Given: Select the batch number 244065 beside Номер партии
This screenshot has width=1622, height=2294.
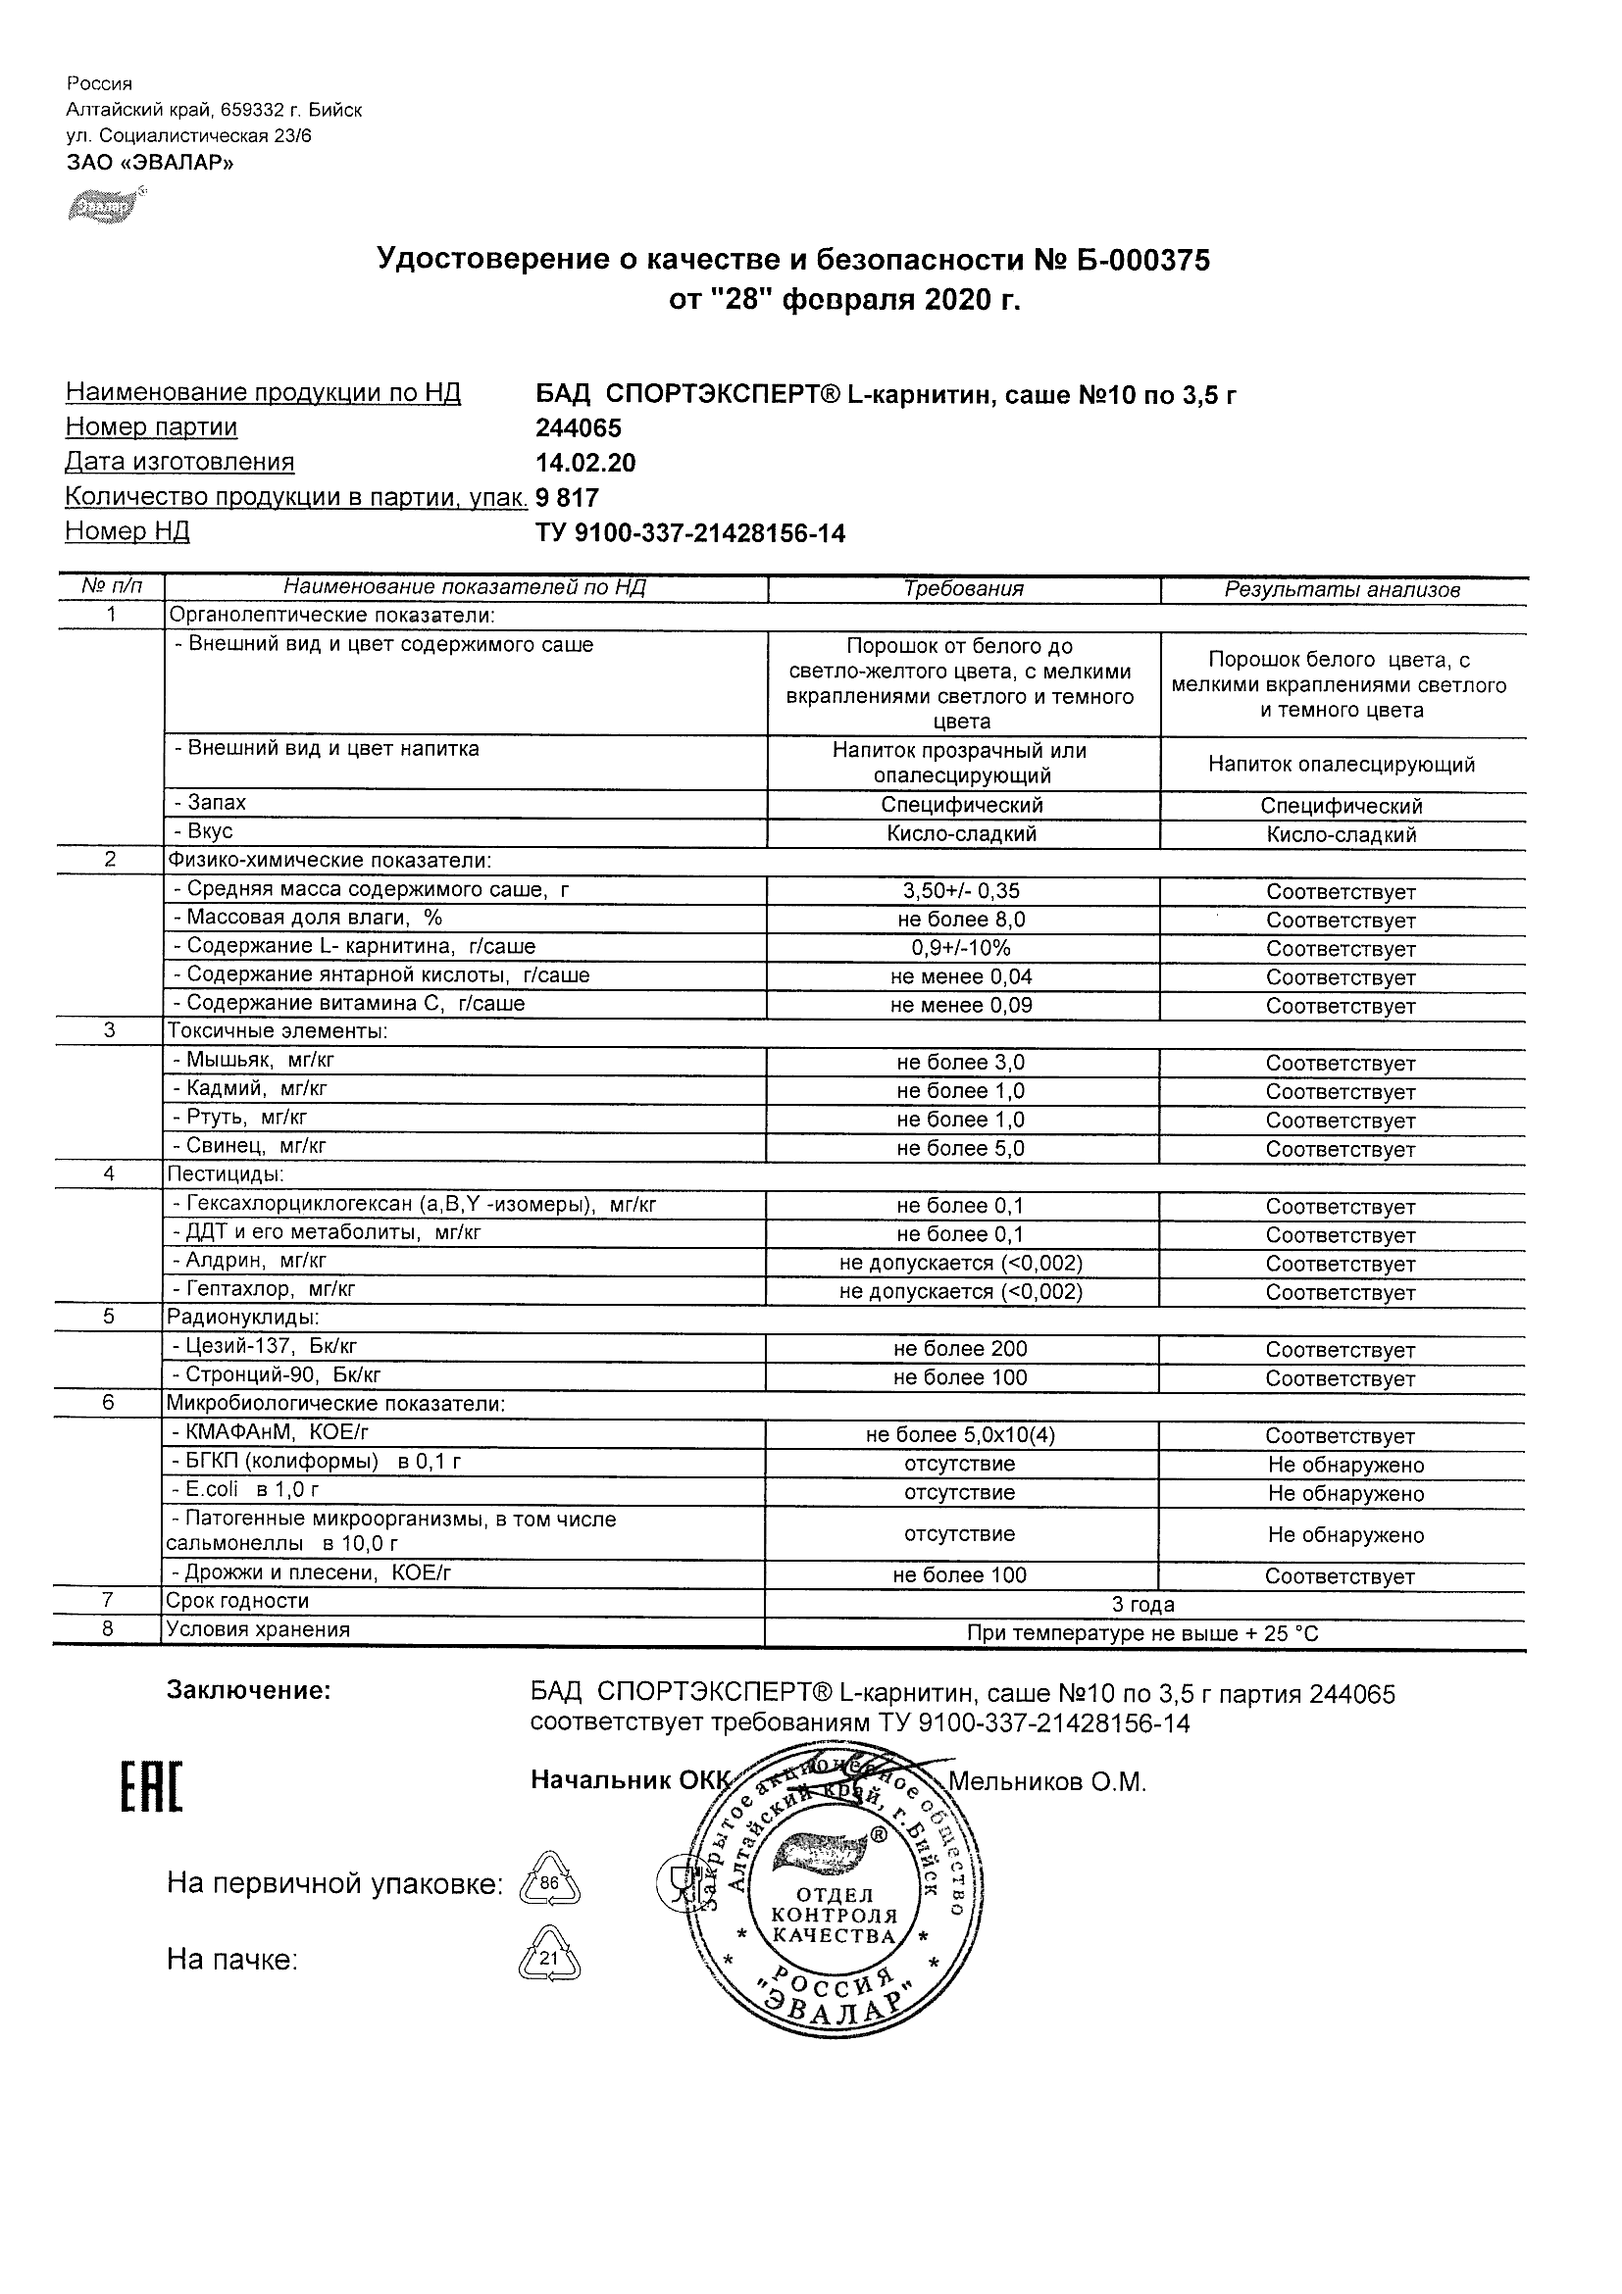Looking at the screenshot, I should coord(579,428).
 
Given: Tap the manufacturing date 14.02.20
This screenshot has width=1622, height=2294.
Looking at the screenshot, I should coord(585,464).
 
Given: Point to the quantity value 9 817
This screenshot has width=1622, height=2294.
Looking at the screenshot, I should coord(568,498).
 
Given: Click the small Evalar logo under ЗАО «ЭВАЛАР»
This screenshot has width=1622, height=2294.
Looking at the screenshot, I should coord(101,205).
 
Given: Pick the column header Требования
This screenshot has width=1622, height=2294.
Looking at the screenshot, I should coord(963,589).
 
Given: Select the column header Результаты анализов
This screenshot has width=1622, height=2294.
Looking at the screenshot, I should coord(1343,590).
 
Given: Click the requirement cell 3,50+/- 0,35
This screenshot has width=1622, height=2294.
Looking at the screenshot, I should coord(960,891).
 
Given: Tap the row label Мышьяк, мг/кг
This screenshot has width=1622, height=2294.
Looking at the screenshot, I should coord(261,1060).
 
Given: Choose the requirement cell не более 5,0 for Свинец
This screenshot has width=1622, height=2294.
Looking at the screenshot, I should coord(960,1149).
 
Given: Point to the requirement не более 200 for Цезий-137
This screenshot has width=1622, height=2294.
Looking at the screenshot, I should coord(960,1349).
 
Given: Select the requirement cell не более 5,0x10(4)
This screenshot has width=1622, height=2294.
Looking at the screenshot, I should coord(960,1436).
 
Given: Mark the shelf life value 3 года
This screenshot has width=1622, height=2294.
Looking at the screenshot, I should coord(1143,1605).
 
